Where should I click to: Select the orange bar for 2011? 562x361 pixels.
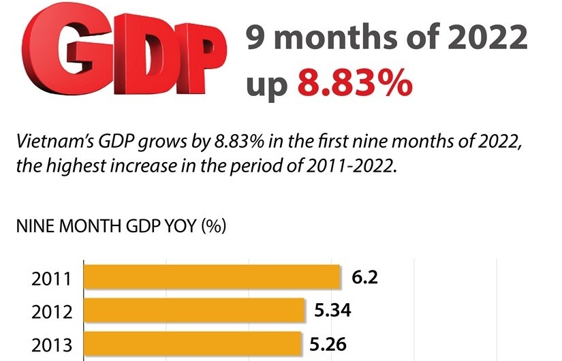point(212,277)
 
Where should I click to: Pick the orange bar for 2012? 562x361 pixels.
point(194,311)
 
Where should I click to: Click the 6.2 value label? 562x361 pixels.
point(364,277)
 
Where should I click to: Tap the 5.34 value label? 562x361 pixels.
point(332,311)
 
